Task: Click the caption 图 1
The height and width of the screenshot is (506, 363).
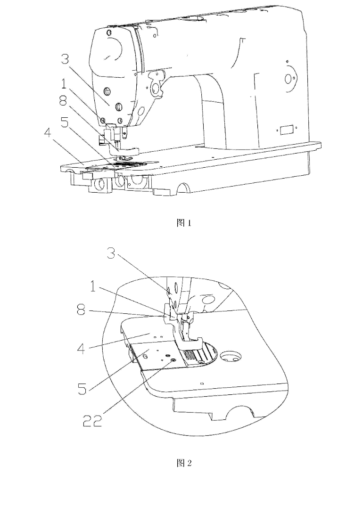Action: tap(184, 223)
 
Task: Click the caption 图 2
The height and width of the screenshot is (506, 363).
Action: tap(184, 463)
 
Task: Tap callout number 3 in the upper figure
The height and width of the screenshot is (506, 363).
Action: tap(65, 59)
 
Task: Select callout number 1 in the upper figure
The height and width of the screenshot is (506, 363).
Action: tap(64, 83)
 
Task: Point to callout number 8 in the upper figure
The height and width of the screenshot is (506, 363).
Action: tap(63, 101)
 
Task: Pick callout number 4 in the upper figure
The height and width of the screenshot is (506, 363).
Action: tap(48, 133)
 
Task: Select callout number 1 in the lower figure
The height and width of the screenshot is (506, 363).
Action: tap(93, 286)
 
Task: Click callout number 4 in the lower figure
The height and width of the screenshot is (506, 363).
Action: tap(81, 348)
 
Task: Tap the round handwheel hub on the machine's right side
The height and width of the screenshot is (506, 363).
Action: tap(288, 78)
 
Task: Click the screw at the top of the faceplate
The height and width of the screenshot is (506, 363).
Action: tap(108, 33)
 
